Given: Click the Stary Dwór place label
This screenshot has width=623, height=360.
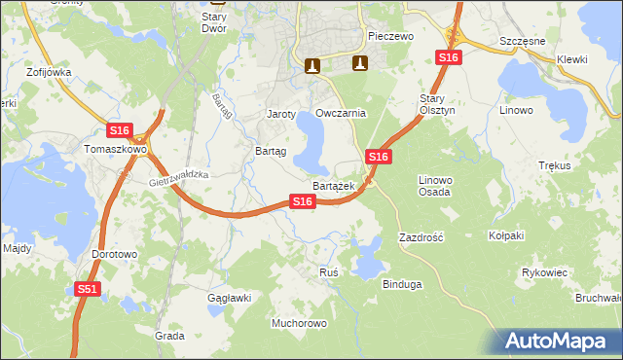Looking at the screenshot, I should click(214, 22).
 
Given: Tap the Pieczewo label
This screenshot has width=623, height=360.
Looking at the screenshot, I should click(391, 36).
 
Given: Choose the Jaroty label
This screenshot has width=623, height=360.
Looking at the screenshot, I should click(281, 114).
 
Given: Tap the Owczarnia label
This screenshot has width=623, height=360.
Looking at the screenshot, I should click(341, 113).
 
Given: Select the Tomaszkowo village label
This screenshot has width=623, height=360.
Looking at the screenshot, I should click(115, 150).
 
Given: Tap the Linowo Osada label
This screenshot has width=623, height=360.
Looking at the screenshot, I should click(435, 186).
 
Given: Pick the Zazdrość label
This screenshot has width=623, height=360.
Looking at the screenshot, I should click(421, 236).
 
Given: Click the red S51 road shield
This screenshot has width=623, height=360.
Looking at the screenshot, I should click(88, 289).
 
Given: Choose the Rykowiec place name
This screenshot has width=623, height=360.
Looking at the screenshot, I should click(544, 272).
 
